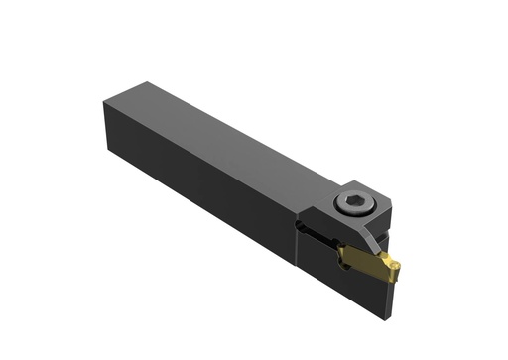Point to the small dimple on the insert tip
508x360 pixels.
pyautogui.click(x=393, y=265)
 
